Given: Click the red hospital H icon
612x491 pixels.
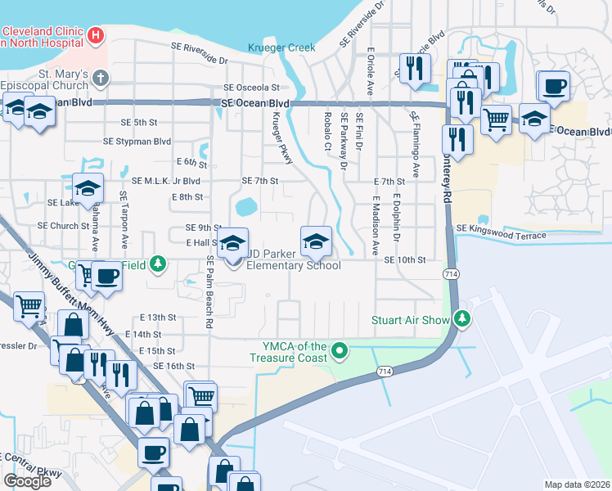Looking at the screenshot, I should pyautogui.click(x=97, y=36).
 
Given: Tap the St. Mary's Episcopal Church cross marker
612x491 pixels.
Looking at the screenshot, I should pyautogui.click(x=100, y=79).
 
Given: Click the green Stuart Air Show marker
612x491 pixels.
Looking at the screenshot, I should pyautogui.click(x=463, y=319).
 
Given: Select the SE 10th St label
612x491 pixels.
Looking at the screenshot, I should pyautogui.click(x=405, y=259).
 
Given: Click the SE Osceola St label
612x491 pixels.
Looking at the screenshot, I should pyautogui.click(x=251, y=87).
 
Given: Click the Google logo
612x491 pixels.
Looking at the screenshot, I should pyautogui.click(x=27, y=480).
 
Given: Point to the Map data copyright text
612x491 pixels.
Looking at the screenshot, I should pyautogui.click(x=577, y=484).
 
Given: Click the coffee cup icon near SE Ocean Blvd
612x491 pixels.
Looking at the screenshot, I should pyautogui.click(x=554, y=86).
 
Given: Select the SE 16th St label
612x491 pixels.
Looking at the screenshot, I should pyautogui.click(x=173, y=366).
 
